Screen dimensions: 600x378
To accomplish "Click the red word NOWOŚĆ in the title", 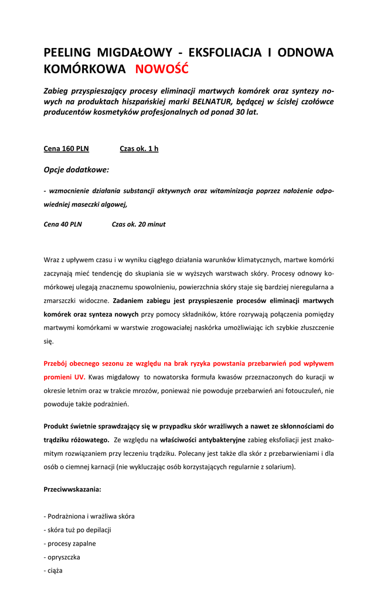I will click(162, 69).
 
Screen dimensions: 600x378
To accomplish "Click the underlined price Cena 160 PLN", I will click(66, 149).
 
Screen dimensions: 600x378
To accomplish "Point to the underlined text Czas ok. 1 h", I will click(139, 149).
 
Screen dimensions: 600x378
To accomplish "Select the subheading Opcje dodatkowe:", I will click(76, 170).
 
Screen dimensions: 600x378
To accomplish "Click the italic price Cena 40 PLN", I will click(63, 224).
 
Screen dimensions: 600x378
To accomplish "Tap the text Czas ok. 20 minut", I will click(138, 224).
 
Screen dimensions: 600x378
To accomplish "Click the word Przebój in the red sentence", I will click(56, 363).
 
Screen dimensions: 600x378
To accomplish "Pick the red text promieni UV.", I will click(64, 377).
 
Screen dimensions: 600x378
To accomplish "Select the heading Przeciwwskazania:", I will click(72, 489).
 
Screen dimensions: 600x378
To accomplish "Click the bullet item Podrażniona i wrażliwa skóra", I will click(89, 516).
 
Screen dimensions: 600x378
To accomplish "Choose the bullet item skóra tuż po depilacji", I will click(77, 530).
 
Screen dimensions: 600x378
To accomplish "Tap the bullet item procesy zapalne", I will click(70, 543).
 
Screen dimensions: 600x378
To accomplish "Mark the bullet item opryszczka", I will click(62, 557).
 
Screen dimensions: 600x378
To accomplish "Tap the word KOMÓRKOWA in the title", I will click(84, 69).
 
